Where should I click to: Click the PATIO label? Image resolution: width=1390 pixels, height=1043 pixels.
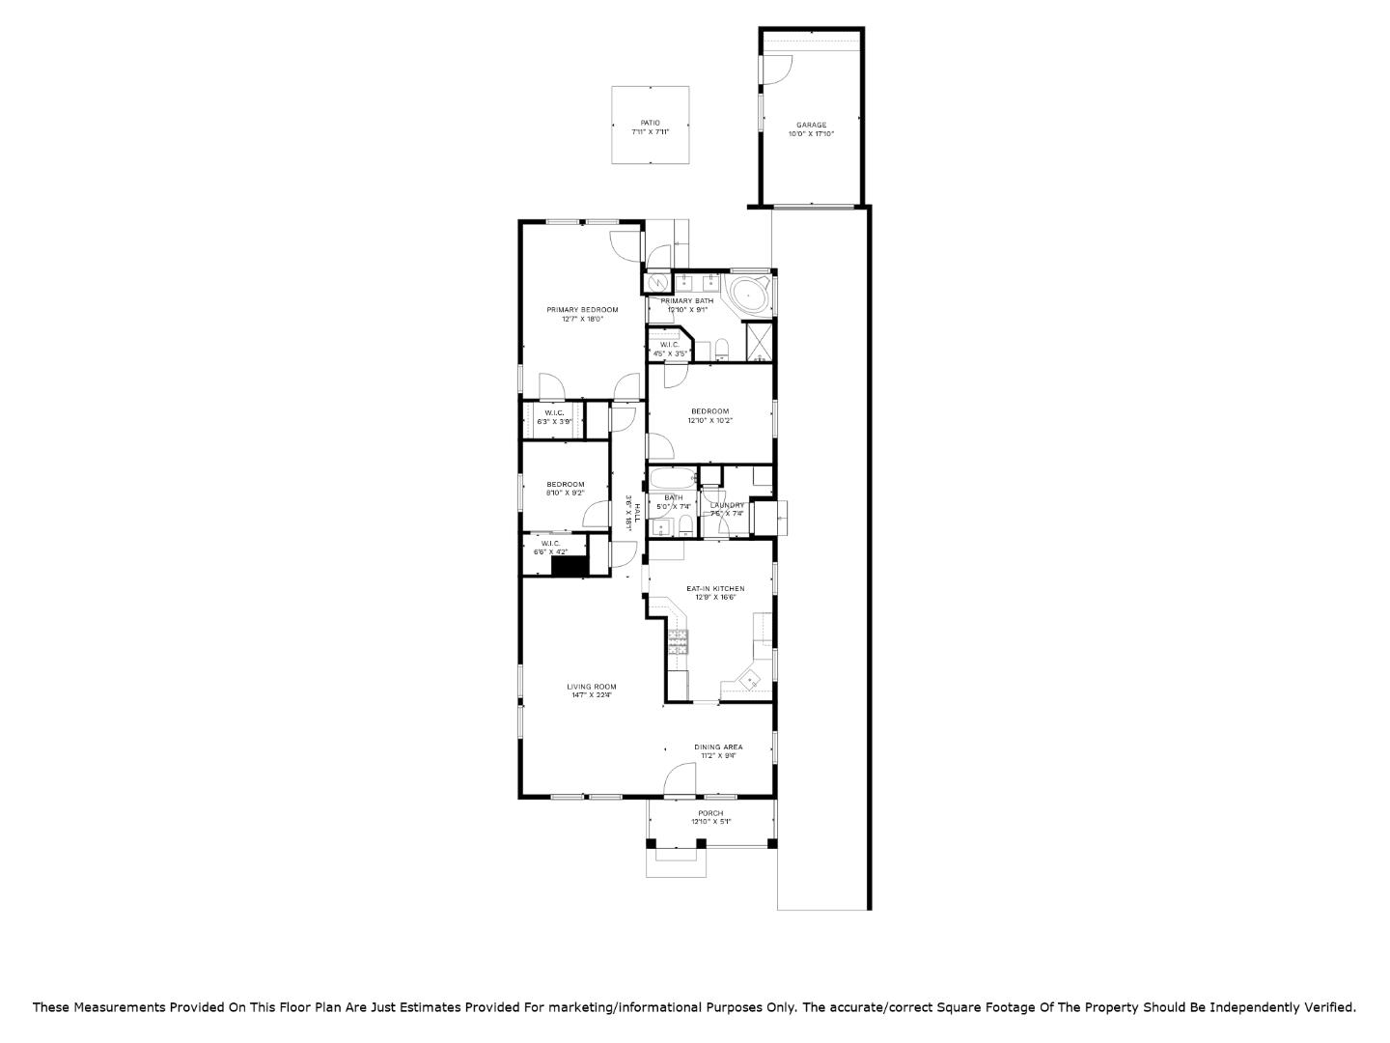coord(651,123)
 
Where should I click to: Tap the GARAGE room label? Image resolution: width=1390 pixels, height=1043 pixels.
coord(811,125)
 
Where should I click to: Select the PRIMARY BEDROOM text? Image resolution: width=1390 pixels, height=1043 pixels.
coord(582,310)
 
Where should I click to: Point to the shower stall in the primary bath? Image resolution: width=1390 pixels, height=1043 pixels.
coord(760,342)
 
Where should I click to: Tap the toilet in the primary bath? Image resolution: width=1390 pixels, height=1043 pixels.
coord(721,349)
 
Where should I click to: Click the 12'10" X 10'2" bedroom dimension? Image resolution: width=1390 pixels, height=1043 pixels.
coord(709,420)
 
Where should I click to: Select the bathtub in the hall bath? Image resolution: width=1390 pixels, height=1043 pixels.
coord(672,478)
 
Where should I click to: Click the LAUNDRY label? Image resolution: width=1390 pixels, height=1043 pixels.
coord(727,505)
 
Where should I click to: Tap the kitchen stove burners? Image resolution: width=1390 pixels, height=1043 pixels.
coord(679,641)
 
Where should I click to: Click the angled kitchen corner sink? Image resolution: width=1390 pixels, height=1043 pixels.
coord(750,682)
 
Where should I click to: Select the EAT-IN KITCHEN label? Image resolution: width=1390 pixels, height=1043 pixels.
coord(715,588)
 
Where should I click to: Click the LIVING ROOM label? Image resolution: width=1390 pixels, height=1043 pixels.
coord(591,687)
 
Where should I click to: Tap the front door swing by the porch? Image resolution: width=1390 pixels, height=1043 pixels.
coord(681,778)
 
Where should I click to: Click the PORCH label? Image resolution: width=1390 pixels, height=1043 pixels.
coord(710,813)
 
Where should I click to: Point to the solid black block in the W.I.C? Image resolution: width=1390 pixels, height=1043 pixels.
coord(570,567)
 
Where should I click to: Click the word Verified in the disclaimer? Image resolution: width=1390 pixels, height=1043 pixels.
coord(1330,1007)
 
